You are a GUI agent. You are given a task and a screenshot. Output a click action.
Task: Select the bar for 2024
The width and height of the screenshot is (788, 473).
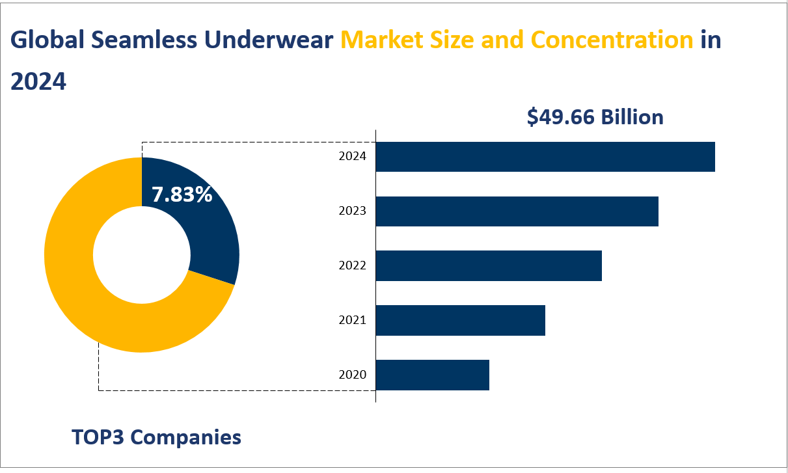[x=545, y=157]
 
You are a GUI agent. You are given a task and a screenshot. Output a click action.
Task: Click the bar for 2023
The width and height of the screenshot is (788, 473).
[x=517, y=211]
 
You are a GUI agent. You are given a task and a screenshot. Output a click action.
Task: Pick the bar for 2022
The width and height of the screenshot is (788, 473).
[x=489, y=265]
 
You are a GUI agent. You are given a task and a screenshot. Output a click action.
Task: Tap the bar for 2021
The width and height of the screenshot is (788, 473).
[x=461, y=320]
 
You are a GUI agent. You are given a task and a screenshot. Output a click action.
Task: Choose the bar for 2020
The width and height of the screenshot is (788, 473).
[x=433, y=375]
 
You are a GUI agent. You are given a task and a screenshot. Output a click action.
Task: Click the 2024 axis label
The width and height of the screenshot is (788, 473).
[x=353, y=157]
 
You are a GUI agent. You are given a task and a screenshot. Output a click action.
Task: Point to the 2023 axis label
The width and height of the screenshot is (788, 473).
[x=353, y=211]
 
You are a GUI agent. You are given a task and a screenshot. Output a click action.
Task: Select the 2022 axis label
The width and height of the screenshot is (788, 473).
[x=353, y=265]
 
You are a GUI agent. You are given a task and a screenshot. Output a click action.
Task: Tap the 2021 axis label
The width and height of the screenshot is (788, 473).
[x=353, y=320]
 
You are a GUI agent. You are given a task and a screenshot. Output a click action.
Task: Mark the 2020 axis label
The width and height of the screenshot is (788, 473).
[x=353, y=375]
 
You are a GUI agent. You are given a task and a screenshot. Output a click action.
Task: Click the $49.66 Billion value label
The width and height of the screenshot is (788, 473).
[x=595, y=117]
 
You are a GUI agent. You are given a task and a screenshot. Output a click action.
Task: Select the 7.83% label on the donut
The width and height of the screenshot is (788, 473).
[x=182, y=195]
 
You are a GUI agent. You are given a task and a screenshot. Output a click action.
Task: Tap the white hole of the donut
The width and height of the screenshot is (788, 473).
[x=142, y=255]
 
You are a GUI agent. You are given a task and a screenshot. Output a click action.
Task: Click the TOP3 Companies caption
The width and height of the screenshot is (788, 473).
[x=156, y=437]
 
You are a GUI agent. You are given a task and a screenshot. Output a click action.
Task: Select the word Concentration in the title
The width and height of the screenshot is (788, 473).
[x=612, y=40]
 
